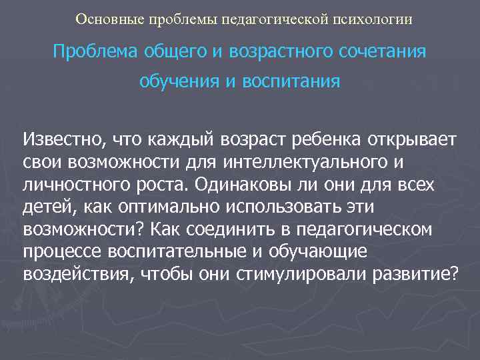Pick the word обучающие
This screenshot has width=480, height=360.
click(331, 252)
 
